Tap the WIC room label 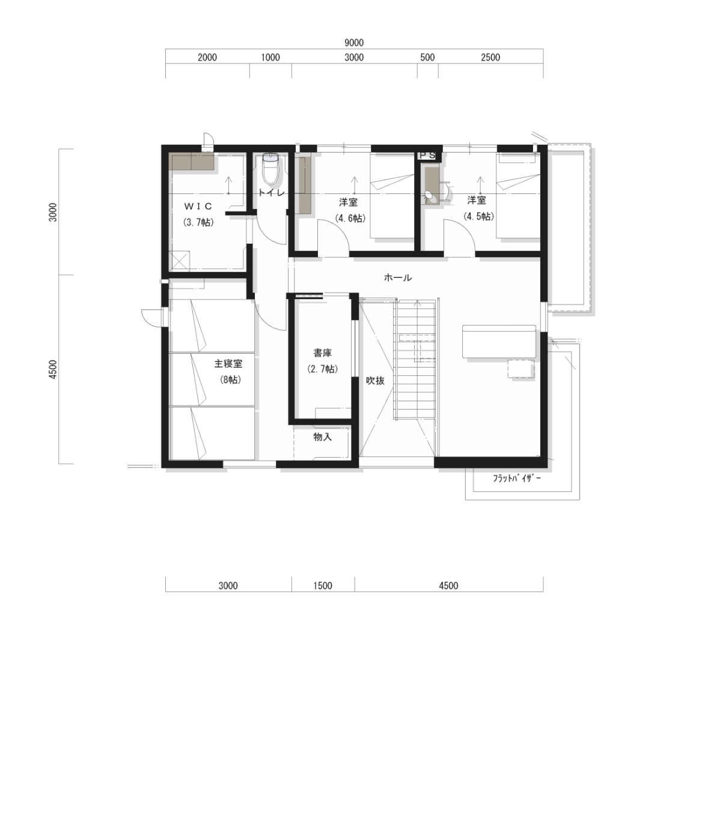pyautogui.click(x=198, y=206)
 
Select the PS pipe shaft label pyautogui.click(x=427, y=156)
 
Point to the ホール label pyautogui.click(x=398, y=277)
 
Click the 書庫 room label pyautogui.click(x=322, y=353)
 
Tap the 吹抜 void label pyautogui.click(x=375, y=381)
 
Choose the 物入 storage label pyautogui.click(x=322, y=437)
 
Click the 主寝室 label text pyautogui.click(x=228, y=363)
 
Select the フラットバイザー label pyautogui.click(x=516, y=478)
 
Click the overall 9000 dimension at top pyautogui.click(x=354, y=43)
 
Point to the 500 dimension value pyautogui.click(x=427, y=58)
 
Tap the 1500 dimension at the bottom pyautogui.click(x=323, y=586)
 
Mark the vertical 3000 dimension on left pyautogui.click(x=53, y=212)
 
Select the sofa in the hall pyautogui.click(x=499, y=342)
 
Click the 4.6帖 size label pyautogui.click(x=350, y=218)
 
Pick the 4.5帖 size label pyautogui.click(x=478, y=216)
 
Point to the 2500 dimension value pyautogui.click(x=490, y=58)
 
